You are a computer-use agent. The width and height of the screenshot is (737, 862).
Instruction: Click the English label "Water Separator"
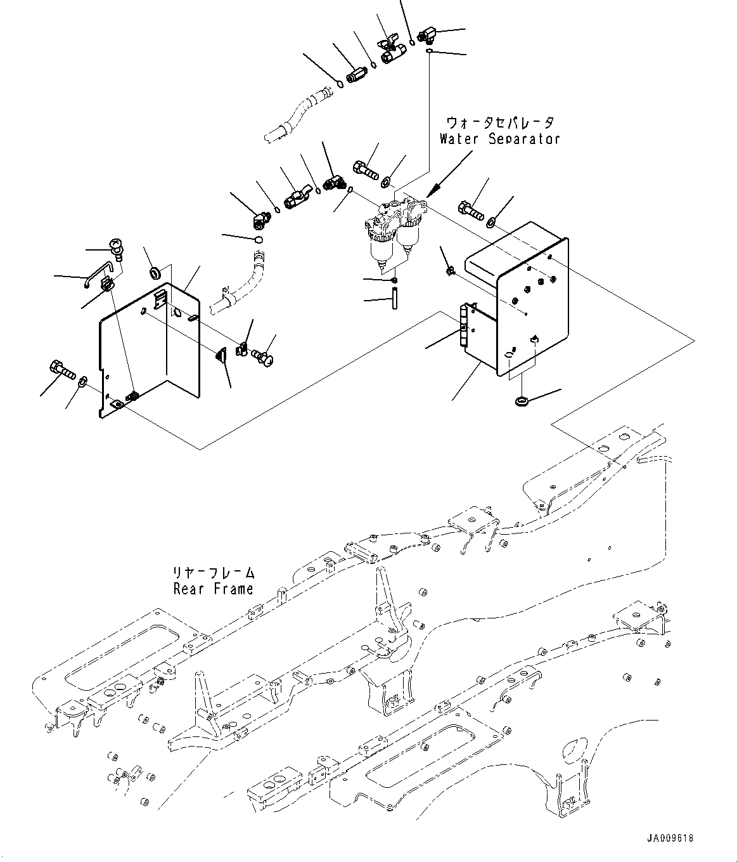pos(499,138)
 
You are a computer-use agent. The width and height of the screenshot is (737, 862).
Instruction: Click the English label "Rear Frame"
pos(214,589)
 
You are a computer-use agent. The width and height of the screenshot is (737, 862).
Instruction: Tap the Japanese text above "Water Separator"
pos(500,123)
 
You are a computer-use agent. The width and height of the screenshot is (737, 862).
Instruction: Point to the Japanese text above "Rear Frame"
pos(214,573)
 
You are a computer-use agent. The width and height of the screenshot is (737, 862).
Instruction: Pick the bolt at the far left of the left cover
pos(62,369)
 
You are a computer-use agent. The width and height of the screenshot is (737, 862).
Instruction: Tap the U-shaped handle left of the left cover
pos(98,274)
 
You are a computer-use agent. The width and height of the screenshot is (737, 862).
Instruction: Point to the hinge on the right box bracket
pos(463,325)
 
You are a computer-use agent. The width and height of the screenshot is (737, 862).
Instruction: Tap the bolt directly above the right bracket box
pos(471,211)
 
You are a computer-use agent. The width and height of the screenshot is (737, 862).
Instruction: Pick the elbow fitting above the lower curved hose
pos(261,219)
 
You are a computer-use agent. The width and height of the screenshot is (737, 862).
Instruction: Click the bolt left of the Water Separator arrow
pos(366,169)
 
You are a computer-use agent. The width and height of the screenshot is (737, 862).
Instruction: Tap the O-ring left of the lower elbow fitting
pos(259,239)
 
